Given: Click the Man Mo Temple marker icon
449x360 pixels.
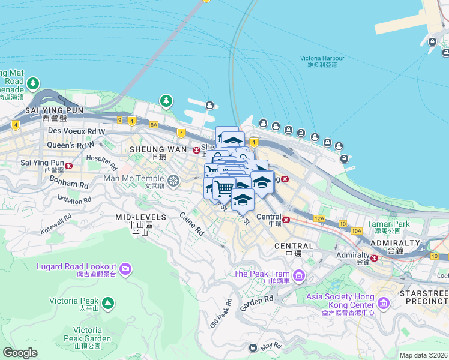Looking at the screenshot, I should [173, 180].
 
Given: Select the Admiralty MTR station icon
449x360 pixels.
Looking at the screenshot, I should [375, 258].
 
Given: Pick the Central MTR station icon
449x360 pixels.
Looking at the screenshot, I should [286, 220].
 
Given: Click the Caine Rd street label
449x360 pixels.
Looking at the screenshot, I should [193, 224].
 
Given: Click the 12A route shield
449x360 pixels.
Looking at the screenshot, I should [319, 219].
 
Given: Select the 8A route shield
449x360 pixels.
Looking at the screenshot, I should [154, 124].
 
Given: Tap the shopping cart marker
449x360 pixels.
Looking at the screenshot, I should [224, 188].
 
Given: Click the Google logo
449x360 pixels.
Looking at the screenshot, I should [20, 353].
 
